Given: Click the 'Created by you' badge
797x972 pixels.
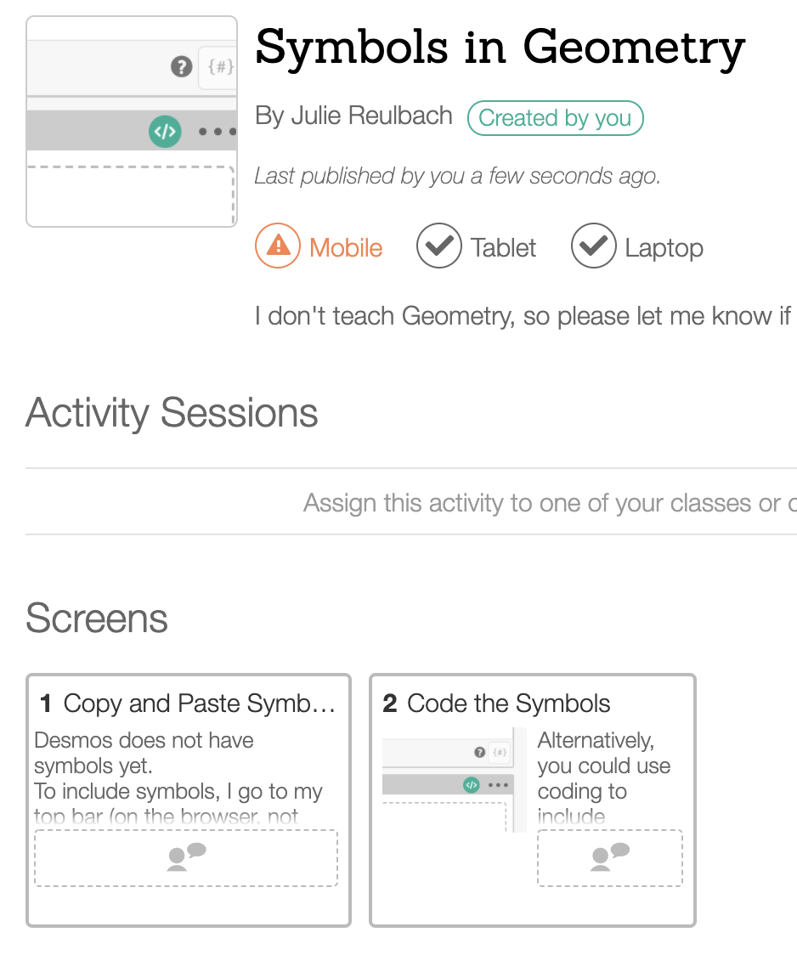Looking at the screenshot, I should pos(555,118).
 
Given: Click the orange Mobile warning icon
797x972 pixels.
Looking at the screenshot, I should pos(278,246).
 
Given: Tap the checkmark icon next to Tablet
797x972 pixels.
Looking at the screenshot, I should pos(438,246).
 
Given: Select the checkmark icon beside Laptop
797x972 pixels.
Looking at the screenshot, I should pos(593,246).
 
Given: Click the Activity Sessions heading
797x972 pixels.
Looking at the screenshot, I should pos(172,413).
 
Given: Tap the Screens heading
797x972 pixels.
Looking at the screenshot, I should pos(97,619).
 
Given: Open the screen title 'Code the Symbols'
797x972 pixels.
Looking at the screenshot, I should pos(508,704).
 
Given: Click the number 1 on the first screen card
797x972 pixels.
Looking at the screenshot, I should pos(46,704).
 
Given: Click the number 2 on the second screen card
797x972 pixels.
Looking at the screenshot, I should pos(390,704).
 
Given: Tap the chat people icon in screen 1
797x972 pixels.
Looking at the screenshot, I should pos(186,856).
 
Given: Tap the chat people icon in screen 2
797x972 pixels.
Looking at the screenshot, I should pos(609,856).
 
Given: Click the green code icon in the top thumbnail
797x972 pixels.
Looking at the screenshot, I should pos(165,132).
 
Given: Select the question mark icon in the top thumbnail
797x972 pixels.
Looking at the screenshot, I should pos(181,66).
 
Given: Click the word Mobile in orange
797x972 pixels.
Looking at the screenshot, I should pos(346,248).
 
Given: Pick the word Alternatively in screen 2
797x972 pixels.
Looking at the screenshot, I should pos(596,740).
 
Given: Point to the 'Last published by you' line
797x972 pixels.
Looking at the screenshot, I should pos(457,176).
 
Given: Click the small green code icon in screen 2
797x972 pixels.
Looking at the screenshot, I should pos(472,785).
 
